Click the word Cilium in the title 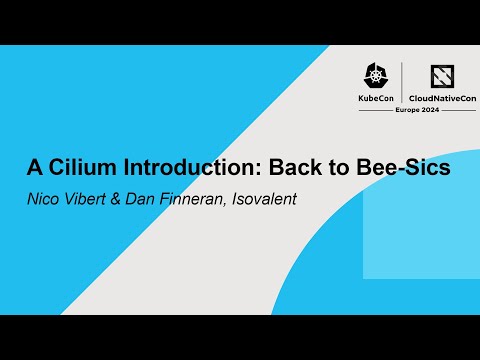pos(75,167)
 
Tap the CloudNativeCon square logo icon pos(443,77)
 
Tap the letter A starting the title pos(33,167)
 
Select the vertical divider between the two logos pos(402,82)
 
